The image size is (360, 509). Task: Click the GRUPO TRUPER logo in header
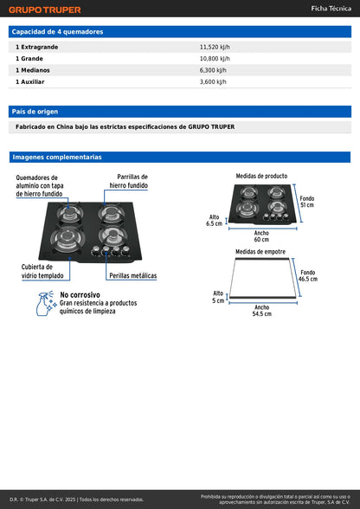pyautogui.click(x=45, y=10)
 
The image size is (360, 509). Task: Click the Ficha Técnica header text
pyautogui.click(x=331, y=9)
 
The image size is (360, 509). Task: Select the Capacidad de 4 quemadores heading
pyautogui.click(x=57, y=31)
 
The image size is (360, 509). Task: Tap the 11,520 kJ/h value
pyautogui.click(x=214, y=46)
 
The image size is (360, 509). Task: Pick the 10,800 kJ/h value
pyautogui.click(x=214, y=58)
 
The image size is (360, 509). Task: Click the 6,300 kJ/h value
pyautogui.click(x=212, y=70)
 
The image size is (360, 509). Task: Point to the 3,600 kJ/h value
pyautogui.click(x=212, y=82)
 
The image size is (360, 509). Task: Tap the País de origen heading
pyautogui.click(x=35, y=112)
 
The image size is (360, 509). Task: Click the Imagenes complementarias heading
pyautogui.click(x=57, y=158)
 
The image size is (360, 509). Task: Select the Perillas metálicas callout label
pyautogui.click(x=132, y=275)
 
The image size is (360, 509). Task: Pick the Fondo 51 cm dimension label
pyautogui.click(x=307, y=202)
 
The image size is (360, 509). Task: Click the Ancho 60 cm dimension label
pyautogui.click(x=261, y=236)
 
